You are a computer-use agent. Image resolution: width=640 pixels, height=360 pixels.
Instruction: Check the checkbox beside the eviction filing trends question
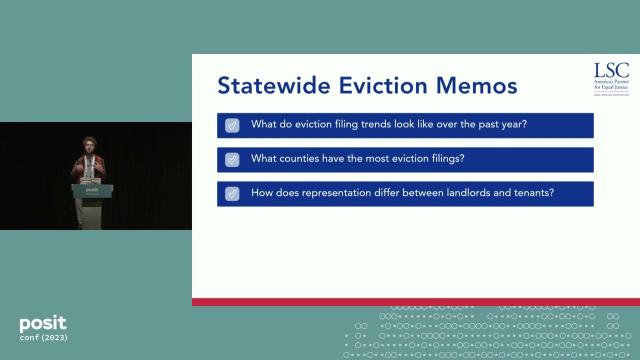tap(232, 125)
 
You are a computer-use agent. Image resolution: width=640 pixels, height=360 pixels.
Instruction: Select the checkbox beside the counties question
tap(232, 159)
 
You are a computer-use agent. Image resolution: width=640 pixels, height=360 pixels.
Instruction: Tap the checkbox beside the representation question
tap(232, 193)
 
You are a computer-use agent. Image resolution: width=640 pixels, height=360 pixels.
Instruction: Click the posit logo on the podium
tap(92, 188)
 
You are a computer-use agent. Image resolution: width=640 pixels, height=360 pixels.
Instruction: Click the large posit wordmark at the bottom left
tap(43, 324)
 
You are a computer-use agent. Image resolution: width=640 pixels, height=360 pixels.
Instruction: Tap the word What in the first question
tap(264, 125)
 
